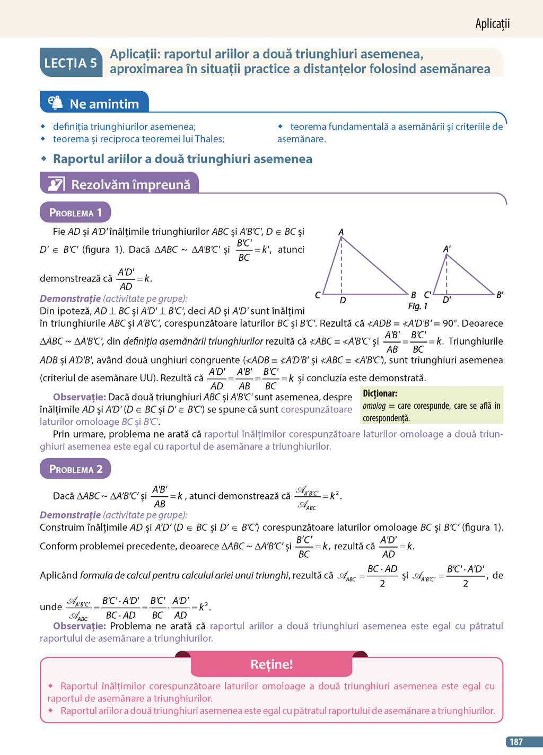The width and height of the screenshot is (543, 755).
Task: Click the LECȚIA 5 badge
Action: (71, 63)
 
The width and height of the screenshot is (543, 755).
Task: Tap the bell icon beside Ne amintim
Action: (55, 102)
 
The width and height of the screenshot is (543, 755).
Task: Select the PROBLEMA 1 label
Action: (75, 213)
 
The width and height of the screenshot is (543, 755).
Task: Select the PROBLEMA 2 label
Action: (75, 469)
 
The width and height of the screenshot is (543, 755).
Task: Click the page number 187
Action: (516, 742)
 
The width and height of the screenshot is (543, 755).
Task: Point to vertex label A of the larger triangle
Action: (341, 232)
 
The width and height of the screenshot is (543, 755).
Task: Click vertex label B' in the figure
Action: (500, 295)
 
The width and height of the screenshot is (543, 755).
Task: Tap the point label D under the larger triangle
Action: (343, 301)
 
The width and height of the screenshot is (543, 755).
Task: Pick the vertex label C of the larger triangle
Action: (318, 295)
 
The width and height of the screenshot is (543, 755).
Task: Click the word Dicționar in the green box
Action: (380, 393)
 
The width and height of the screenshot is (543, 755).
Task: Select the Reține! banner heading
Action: (271, 664)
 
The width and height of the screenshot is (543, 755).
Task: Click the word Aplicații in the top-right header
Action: (492, 23)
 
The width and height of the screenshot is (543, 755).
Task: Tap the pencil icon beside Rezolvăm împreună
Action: (56, 184)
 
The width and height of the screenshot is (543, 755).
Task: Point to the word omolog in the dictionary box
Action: (374, 406)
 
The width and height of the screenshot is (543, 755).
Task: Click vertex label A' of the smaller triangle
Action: (446, 249)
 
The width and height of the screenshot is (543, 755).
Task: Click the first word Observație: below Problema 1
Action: (80, 397)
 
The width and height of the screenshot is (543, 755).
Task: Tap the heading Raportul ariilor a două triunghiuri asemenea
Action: (182, 159)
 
